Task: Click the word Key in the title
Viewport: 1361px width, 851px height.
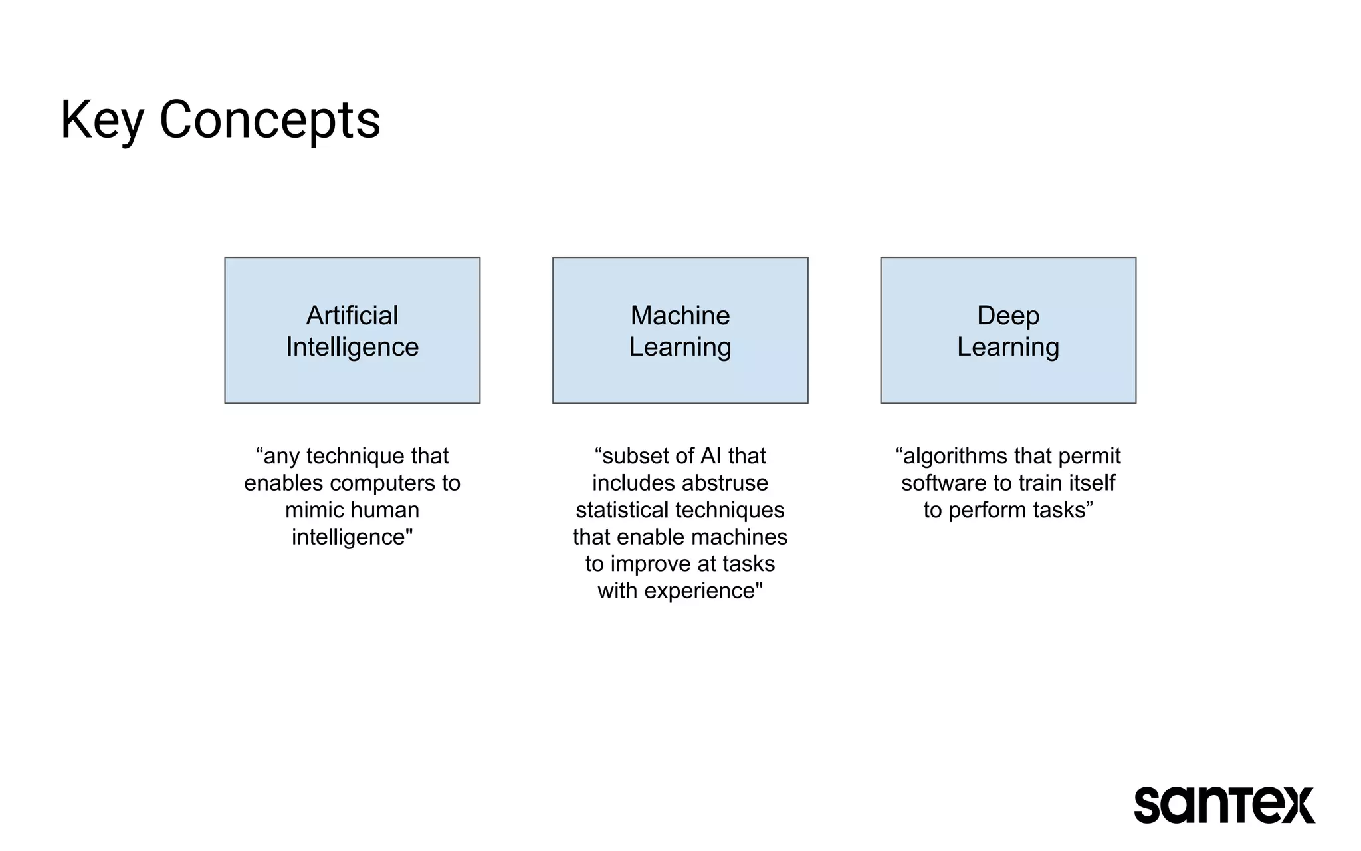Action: (x=102, y=120)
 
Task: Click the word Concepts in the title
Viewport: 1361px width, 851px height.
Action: (x=269, y=120)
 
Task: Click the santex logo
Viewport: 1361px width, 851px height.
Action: (x=1224, y=805)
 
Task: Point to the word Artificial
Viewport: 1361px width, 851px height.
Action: (x=352, y=316)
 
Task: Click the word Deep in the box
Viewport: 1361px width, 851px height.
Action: (x=1007, y=316)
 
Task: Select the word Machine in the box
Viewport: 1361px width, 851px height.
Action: (x=680, y=316)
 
